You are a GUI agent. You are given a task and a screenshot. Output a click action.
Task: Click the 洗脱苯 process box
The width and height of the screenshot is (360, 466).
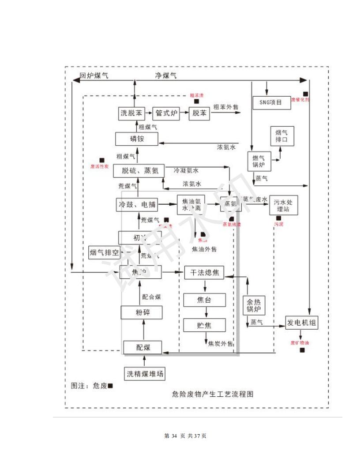131,113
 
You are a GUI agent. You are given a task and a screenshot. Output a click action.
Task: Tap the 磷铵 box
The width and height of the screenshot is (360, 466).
136,139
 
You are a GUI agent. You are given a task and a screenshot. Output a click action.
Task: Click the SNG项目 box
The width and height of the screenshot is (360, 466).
272,102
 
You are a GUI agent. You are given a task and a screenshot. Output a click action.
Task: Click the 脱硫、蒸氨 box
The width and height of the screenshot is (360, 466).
139,171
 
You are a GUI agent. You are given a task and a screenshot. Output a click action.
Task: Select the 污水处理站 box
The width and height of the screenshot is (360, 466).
284,204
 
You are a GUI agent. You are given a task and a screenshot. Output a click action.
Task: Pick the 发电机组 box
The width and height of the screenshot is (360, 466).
301,323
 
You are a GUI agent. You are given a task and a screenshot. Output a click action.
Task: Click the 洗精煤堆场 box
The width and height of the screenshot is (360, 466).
145,374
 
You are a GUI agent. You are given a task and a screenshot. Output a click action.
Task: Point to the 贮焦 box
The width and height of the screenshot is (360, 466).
204,325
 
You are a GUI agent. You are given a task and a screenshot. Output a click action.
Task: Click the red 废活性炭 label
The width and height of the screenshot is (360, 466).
99,166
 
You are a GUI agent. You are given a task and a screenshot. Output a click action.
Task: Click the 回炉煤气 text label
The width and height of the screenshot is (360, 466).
94,75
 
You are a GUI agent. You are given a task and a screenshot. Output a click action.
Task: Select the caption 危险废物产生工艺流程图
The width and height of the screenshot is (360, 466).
213,394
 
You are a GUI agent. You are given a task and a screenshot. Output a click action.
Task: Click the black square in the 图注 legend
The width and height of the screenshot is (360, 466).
110,386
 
